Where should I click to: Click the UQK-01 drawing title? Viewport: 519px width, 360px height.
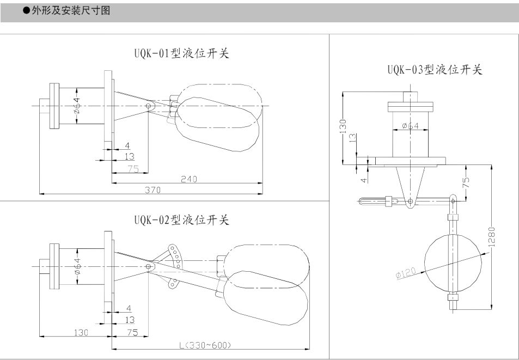pyautogui.click(x=182, y=53)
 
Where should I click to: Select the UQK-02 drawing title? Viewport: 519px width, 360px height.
pyautogui.click(x=182, y=219)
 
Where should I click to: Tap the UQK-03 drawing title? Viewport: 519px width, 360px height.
pyautogui.click(x=435, y=70)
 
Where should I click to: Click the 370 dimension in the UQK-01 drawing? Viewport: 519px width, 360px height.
pyautogui.click(x=152, y=190)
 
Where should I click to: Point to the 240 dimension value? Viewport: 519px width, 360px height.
pyautogui.click(x=188, y=179)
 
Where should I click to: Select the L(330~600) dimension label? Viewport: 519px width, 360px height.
pyautogui.click(x=205, y=345)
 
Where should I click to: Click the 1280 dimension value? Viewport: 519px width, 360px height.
pyautogui.click(x=492, y=237)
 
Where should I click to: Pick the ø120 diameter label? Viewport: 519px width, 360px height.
pyautogui.click(x=406, y=273)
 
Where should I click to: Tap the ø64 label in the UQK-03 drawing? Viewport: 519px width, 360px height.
pyautogui.click(x=411, y=126)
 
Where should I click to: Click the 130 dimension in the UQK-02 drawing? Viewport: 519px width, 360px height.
pyautogui.click(x=81, y=333)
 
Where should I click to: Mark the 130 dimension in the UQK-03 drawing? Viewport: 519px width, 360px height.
pyautogui.click(x=343, y=126)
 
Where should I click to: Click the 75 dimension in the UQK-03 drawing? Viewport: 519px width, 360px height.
pyautogui.click(x=466, y=182)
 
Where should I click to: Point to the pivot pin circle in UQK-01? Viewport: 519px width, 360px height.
pyautogui.click(x=149, y=106)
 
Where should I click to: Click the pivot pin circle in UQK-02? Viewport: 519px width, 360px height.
pyautogui.click(x=149, y=266)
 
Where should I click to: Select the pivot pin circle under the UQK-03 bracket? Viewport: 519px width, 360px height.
pyautogui.click(x=411, y=201)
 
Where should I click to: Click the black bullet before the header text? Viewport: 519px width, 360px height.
pyautogui.click(x=26, y=10)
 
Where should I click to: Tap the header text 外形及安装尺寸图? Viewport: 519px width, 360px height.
pyautogui.click(x=71, y=10)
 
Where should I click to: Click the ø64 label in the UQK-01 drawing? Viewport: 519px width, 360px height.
pyautogui.click(x=77, y=106)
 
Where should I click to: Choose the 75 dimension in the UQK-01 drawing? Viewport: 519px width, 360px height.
pyautogui.click(x=133, y=169)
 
